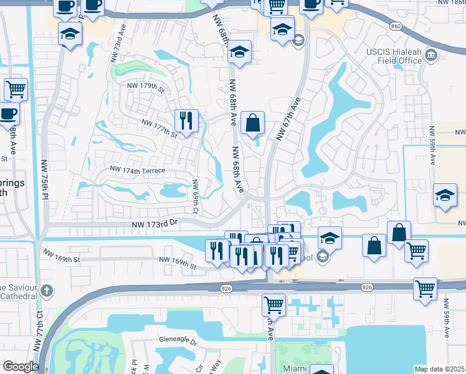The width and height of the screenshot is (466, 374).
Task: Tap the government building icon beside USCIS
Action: tap(430, 57)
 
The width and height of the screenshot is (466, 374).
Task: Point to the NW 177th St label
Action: tap(160, 128)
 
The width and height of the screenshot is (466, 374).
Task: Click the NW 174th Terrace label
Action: tap(138, 170)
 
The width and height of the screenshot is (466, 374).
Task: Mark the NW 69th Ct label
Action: tap(195, 196)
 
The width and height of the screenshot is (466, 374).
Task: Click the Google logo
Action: tap(21, 366)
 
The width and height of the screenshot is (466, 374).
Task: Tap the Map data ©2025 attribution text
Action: tap(440, 369)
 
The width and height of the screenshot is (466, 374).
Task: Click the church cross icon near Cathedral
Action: tap(48, 291)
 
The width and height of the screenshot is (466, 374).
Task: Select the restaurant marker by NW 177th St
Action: tap(186, 120)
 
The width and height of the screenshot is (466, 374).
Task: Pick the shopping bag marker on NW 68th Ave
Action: tap(253, 123)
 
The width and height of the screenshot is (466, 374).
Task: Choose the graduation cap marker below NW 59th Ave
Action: tap(445, 196)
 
